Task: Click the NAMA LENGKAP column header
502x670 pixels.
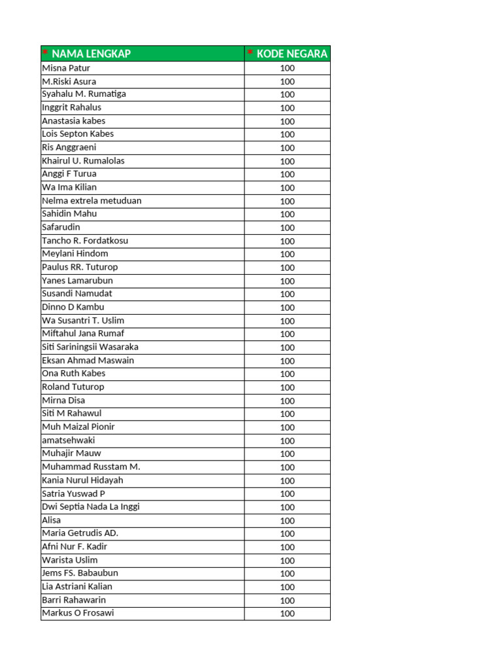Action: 91,54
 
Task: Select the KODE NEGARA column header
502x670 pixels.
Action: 292,54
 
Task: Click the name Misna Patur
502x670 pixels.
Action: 66,68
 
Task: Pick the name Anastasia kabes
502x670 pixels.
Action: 73,121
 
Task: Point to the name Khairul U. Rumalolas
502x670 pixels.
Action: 83,161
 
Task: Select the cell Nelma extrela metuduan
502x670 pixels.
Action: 92,201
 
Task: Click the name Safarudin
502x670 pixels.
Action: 61,228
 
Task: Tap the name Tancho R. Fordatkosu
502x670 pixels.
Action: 85,241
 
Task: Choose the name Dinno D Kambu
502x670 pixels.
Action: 73,307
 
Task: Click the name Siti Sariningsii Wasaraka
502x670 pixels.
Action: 90,347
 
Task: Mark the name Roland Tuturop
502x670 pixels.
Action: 73,387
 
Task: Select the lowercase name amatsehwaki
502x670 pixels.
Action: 69,440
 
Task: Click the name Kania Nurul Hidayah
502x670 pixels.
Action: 82,480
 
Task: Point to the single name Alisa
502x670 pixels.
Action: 51,520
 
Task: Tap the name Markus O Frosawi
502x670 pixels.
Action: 78,613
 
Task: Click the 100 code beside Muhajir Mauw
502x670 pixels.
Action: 288,454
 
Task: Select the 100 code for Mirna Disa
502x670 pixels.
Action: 288,400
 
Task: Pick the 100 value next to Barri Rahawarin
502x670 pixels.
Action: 288,601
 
